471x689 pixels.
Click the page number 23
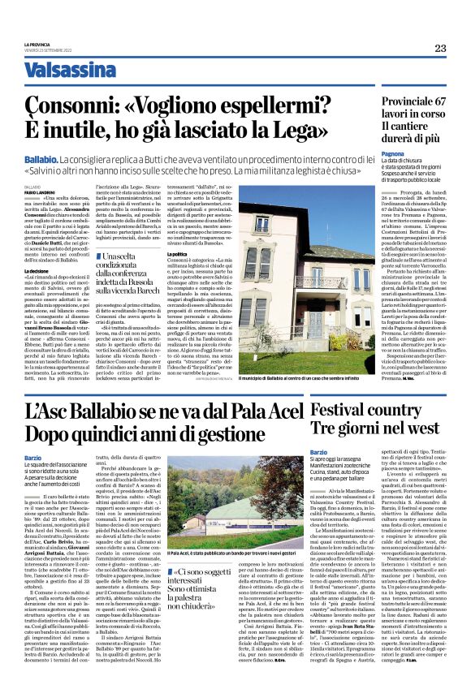click(x=439, y=49)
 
